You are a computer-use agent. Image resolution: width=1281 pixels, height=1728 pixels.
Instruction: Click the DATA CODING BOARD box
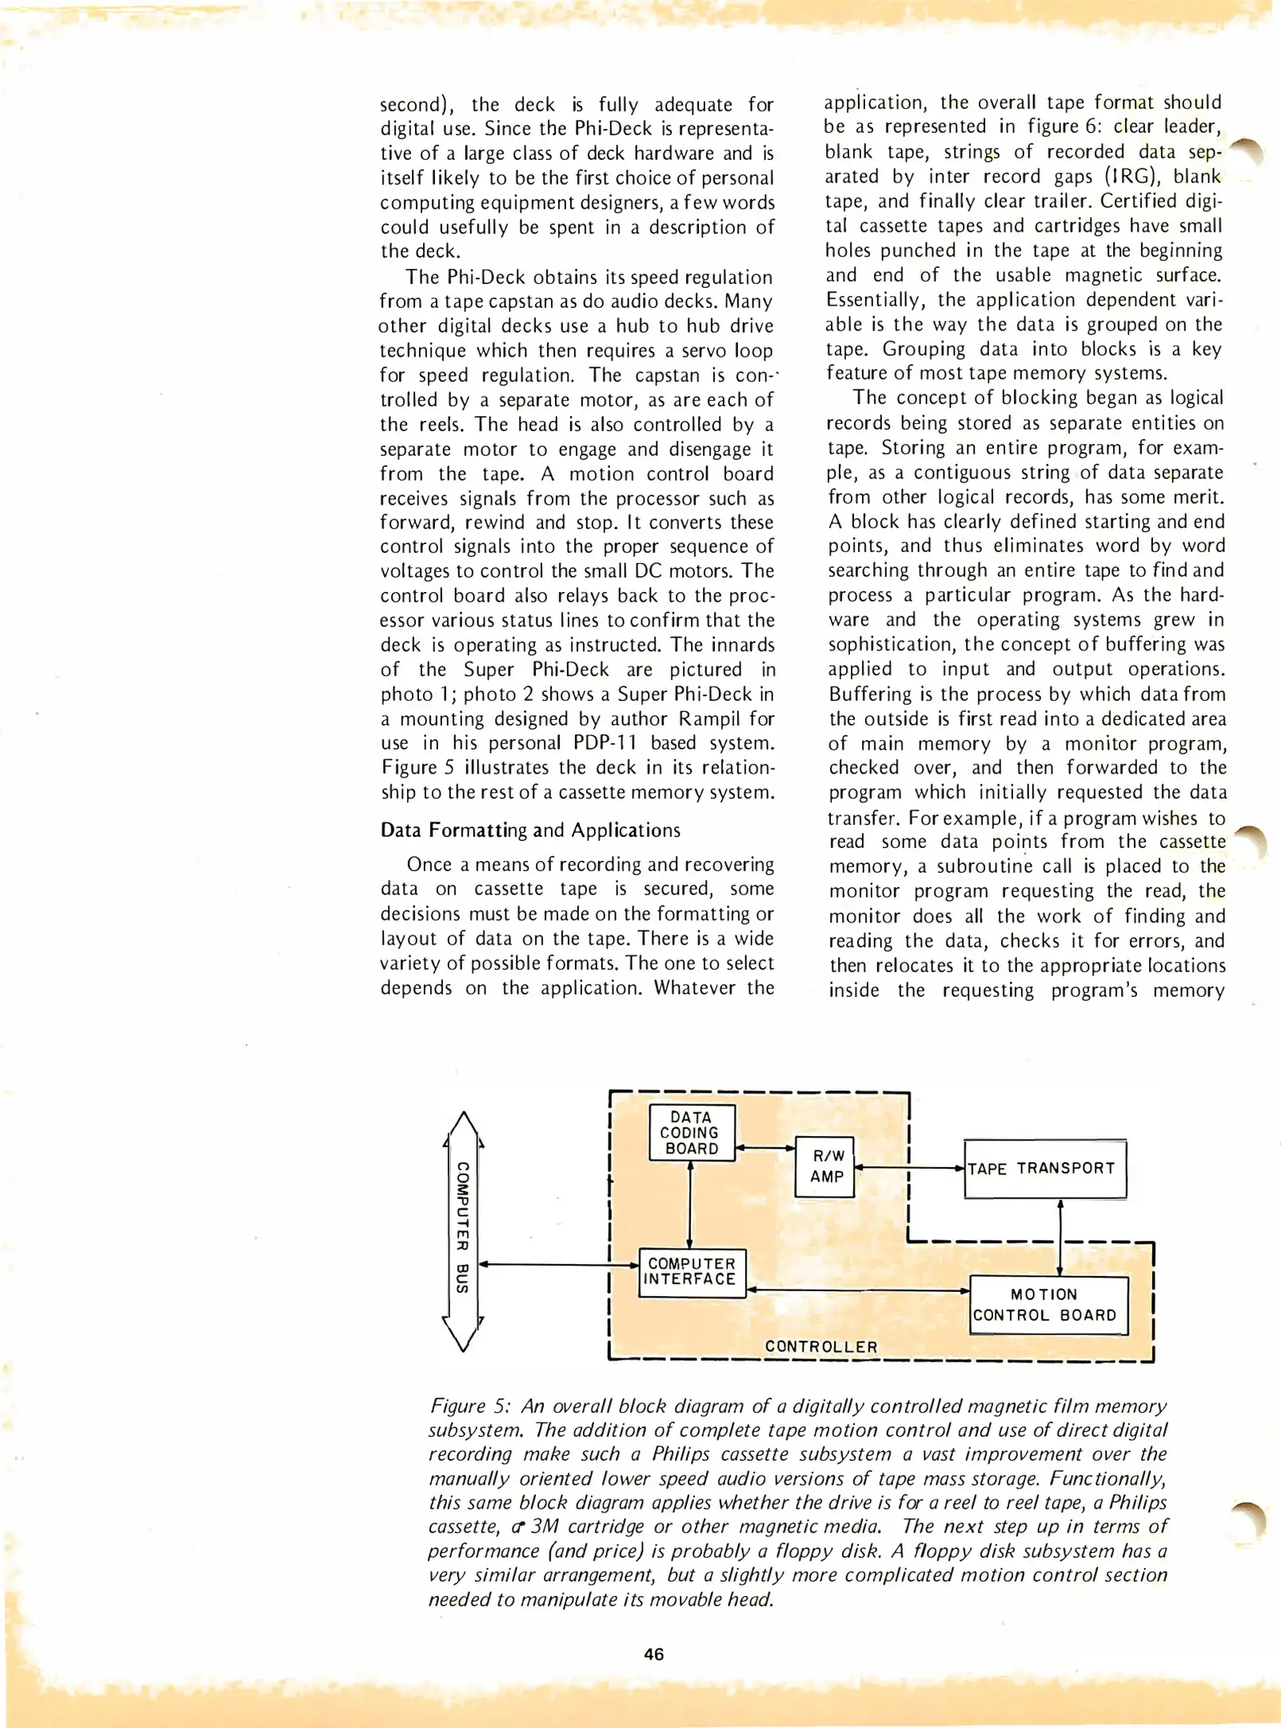(692, 1133)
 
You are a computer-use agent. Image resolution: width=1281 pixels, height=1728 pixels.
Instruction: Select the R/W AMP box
(825, 1166)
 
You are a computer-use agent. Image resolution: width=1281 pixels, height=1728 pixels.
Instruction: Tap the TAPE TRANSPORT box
(1044, 1169)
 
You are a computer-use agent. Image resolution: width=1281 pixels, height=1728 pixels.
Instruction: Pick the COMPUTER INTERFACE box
(692, 1272)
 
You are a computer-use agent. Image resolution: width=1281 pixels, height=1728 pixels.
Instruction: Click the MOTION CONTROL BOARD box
(1048, 1305)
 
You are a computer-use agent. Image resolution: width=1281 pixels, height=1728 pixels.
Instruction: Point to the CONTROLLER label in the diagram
(821, 1346)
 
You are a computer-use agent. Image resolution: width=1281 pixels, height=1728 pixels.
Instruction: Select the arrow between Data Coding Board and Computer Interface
(690, 1204)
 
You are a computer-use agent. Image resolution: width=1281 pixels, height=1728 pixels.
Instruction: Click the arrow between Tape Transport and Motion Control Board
(1060, 1237)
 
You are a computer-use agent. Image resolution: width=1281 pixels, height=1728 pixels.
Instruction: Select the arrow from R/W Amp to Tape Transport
(909, 1168)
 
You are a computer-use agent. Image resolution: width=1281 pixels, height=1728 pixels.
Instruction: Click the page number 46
(653, 1654)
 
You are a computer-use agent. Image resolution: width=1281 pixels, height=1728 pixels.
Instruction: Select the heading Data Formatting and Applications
(530, 830)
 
